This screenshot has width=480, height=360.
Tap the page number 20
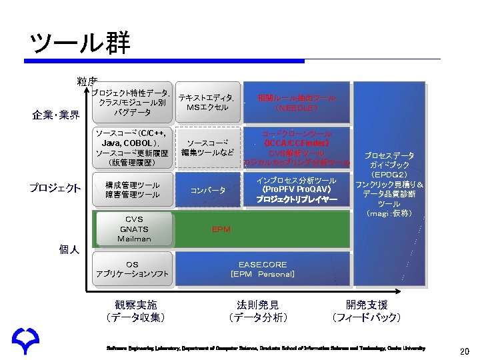465,351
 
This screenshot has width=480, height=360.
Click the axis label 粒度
87,81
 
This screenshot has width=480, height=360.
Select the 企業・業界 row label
57,115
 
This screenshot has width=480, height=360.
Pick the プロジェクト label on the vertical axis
55,188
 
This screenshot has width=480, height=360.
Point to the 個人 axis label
69,249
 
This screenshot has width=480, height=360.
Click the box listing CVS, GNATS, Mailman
134,229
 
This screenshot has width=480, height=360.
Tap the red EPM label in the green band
221,229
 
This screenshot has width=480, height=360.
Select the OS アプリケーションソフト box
133,269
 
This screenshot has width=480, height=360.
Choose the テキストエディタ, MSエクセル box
207,103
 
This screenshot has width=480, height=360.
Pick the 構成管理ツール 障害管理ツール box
133,189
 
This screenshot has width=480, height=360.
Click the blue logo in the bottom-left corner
25,342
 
